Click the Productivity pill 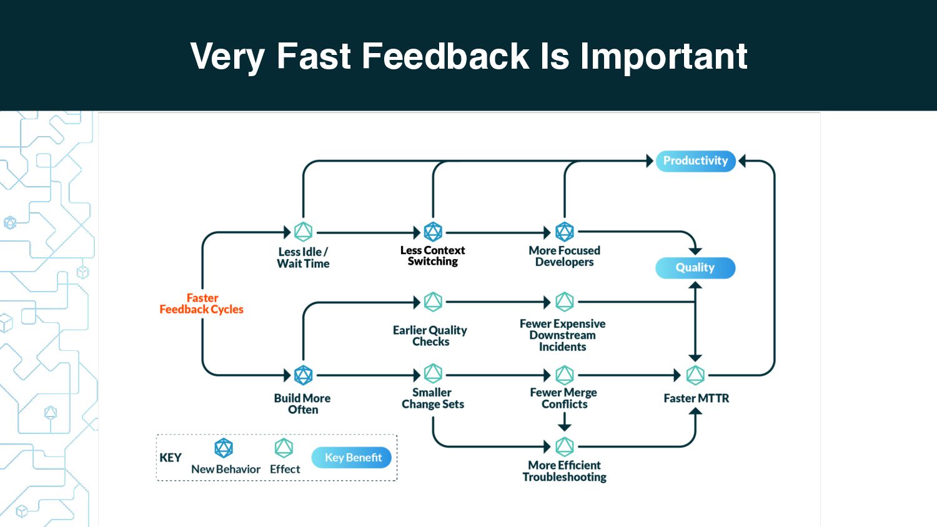coord(695,161)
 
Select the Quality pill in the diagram coord(695,268)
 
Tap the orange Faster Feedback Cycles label coord(202,303)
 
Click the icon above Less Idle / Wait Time coord(303,232)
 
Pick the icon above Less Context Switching coord(433,232)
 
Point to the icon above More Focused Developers coord(564,232)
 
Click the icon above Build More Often coord(303,375)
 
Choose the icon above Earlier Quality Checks coord(433,302)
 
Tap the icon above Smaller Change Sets coord(433,373)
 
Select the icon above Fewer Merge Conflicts coord(564,375)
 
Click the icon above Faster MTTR coord(695,375)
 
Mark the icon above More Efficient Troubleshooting coord(564,446)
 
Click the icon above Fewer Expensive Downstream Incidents coord(564,302)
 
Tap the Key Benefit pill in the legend coord(351,458)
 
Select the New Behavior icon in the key coord(224,448)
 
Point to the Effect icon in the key coord(284,448)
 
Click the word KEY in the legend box coord(171,458)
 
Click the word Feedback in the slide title coord(445,56)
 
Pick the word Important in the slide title coord(663,57)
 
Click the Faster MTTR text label coord(697,398)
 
